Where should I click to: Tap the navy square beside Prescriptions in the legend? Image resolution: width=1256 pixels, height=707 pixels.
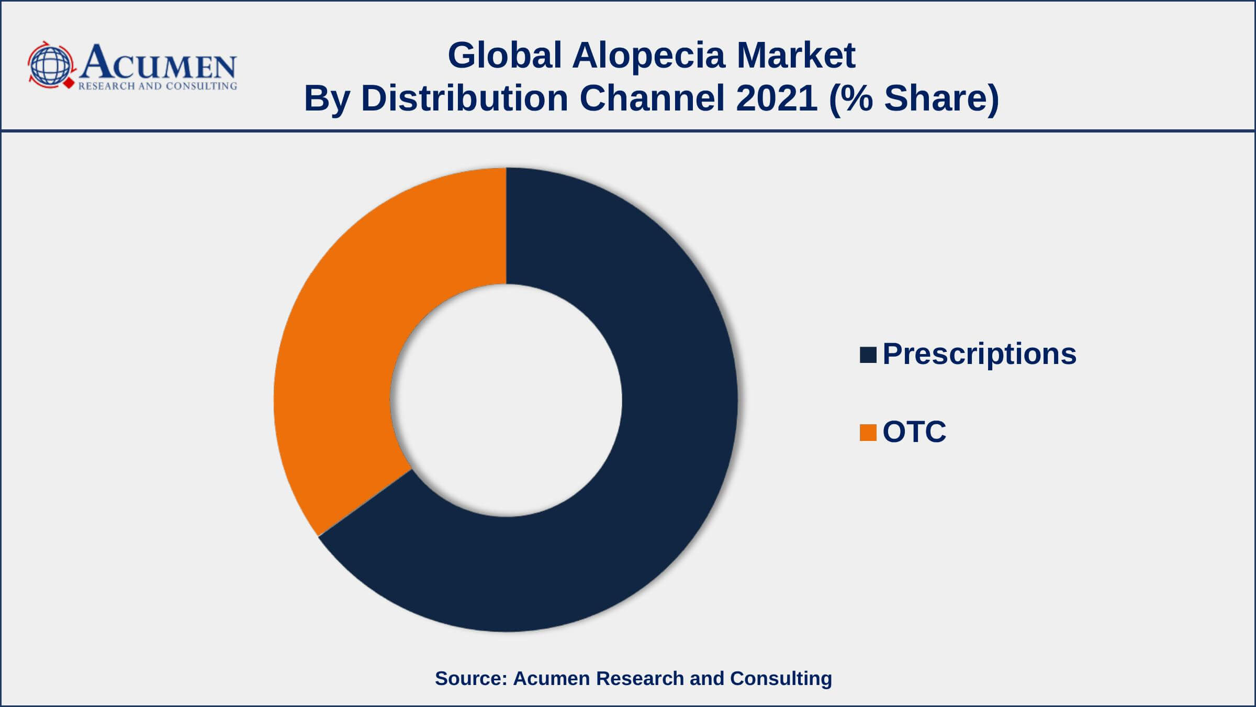[x=868, y=355]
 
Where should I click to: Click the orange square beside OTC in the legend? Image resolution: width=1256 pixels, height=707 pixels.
[x=868, y=433]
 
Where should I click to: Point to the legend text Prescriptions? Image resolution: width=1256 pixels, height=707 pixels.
[x=979, y=355]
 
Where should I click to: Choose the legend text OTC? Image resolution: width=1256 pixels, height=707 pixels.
[x=914, y=432]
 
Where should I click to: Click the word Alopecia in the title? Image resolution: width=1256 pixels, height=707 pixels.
[x=649, y=56]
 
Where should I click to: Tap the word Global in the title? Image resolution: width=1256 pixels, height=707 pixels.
[x=504, y=55]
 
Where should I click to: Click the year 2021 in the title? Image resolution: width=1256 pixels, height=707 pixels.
[x=777, y=98]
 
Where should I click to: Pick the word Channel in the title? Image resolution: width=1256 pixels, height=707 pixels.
[x=652, y=98]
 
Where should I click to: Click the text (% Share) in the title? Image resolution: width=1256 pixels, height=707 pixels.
[x=914, y=99]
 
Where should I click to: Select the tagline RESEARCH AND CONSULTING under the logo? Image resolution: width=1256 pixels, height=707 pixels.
[x=158, y=86]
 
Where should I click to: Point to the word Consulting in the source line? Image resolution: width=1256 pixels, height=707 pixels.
[x=781, y=679]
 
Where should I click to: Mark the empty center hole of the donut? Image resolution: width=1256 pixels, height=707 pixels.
[x=506, y=400]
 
